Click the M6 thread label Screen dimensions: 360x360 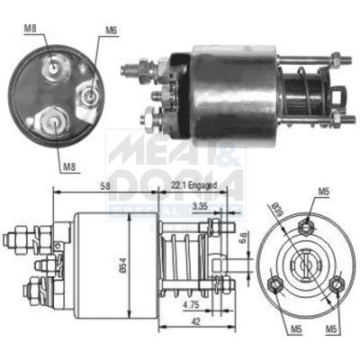[111, 31]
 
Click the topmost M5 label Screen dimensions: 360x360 [323, 191]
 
